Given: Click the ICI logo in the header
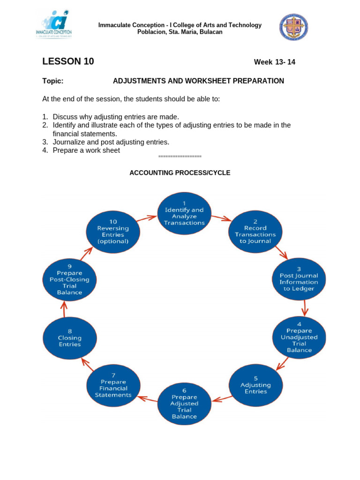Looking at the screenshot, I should pos(54,24).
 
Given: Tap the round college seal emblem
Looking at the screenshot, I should pos(294,27).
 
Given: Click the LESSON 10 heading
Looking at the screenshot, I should pos(68,61).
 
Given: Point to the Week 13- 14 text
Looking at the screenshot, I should pos(274,62).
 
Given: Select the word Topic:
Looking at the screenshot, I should pos(52,81).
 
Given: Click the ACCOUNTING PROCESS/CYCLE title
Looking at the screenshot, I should pos(180,172).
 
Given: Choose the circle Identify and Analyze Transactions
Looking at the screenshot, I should pos(184,213).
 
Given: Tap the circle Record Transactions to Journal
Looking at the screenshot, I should pos(255,232).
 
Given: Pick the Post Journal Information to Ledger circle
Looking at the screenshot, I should pos(299,279).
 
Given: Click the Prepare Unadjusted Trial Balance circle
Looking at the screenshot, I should pos(299,337).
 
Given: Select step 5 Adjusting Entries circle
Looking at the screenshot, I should pos(255,385).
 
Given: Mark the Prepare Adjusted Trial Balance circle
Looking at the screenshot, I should pos(184,404).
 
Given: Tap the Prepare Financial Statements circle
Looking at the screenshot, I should pos(113,385).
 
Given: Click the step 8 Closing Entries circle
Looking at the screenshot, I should pos(70,338).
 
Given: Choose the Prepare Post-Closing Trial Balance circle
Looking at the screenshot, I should pos(69,279).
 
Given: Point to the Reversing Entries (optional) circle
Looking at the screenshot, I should pos(113,232).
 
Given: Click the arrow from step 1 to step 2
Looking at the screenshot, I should pos(221,218).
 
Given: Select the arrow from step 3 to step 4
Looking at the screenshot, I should pos(305,307).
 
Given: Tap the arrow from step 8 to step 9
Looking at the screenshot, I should pos(65,308).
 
